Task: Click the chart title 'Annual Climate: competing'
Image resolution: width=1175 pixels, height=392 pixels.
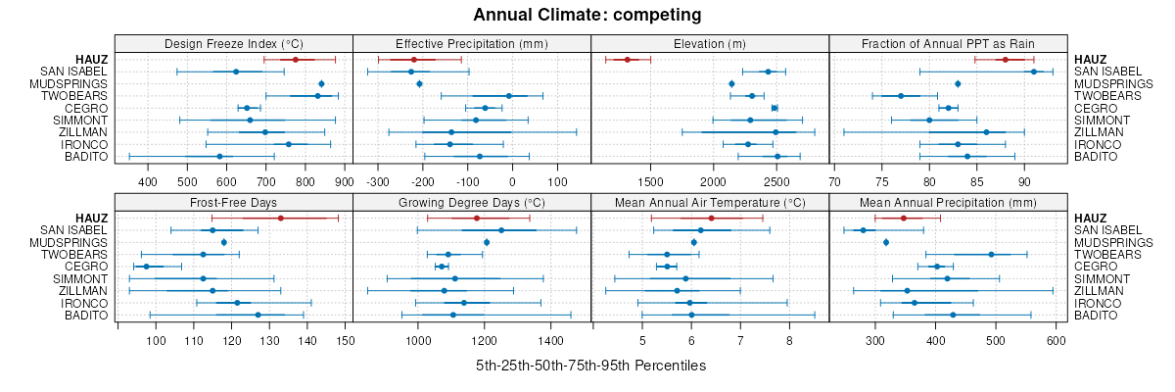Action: tap(587, 15)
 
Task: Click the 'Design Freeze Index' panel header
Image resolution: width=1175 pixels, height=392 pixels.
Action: tap(233, 43)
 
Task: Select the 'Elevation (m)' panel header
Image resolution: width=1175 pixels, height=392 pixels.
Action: tap(710, 43)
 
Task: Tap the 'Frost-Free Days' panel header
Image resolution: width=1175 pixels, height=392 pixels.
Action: tap(233, 202)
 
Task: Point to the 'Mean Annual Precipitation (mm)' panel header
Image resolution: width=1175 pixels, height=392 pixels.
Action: tap(948, 202)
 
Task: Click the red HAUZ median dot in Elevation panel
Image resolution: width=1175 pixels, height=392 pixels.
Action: tap(627, 60)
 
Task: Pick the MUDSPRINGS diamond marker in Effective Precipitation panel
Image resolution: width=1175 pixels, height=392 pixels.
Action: tap(419, 84)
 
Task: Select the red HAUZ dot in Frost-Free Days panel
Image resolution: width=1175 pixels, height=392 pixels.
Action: tap(280, 218)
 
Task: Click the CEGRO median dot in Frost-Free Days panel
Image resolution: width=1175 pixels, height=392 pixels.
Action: tap(147, 267)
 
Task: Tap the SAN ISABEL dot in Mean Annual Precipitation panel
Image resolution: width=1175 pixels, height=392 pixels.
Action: tap(863, 230)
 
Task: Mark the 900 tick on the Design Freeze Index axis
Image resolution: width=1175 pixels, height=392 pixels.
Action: tap(343, 181)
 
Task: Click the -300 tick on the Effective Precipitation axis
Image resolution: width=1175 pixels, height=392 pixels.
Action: tap(378, 181)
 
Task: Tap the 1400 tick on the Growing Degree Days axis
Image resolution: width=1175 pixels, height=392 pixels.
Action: tap(550, 340)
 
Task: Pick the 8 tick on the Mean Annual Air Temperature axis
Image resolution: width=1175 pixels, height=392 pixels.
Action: tap(789, 340)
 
